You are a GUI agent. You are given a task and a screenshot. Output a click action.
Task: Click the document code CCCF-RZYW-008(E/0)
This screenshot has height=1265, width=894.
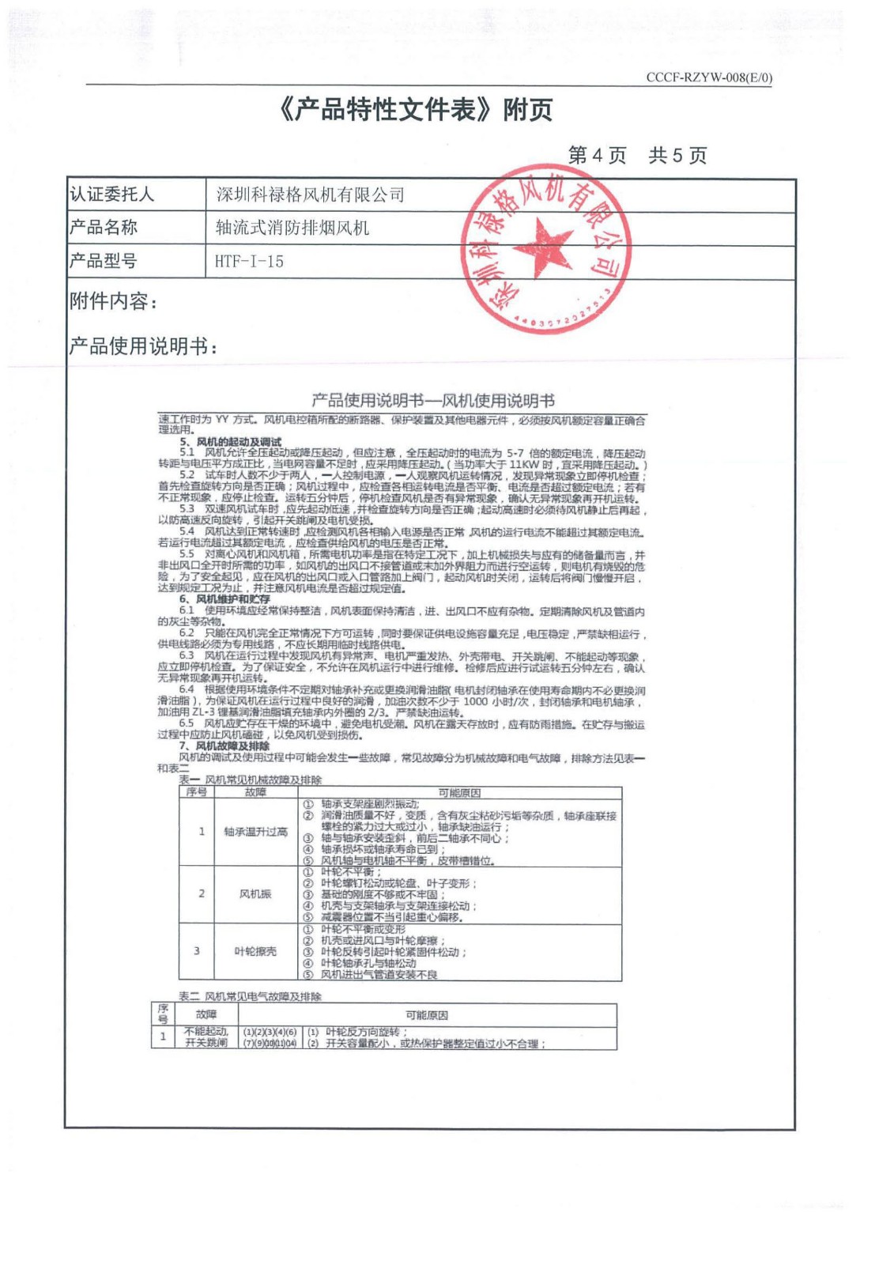pyautogui.click(x=708, y=77)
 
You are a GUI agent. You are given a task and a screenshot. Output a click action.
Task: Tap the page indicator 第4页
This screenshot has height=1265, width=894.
pyautogui.click(x=596, y=156)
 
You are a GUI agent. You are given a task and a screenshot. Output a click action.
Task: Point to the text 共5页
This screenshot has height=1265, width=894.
pyautogui.click(x=677, y=156)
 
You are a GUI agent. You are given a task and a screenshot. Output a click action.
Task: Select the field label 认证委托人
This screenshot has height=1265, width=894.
pyautogui.click(x=111, y=194)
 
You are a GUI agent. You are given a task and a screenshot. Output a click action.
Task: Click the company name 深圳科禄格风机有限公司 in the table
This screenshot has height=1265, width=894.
pyautogui.click(x=310, y=194)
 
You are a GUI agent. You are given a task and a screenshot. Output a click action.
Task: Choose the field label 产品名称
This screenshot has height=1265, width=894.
pyautogui.click(x=104, y=228)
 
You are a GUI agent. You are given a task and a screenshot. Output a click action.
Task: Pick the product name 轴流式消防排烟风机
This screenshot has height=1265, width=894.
pyautogui.click(x=292, y=228)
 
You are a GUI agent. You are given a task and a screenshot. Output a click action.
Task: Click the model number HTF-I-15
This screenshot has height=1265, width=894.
pyautogui.click(x=249, y=262)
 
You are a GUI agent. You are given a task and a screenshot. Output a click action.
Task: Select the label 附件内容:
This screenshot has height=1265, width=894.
pyautogui.click(x=114, y=301)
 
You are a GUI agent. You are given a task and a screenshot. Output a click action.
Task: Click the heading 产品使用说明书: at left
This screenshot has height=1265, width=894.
pyautogui.click(x=143, y=346)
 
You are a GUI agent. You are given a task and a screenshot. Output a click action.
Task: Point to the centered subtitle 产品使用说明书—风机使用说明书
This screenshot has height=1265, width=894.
pyautogui.click(x=432, y=400)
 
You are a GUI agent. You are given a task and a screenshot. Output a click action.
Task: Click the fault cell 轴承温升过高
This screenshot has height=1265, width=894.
pyautogui.click(x=255, y=832)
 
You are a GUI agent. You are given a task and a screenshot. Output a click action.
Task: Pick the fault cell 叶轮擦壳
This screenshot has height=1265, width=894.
pyautogui.click(x=255, y=951)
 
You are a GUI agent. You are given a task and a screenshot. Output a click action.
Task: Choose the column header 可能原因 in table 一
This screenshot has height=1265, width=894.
pyautogui.click(x=458, y=792)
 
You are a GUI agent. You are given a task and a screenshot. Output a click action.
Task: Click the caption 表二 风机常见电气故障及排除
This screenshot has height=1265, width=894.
pyautogui.click(x=250, y=996)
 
